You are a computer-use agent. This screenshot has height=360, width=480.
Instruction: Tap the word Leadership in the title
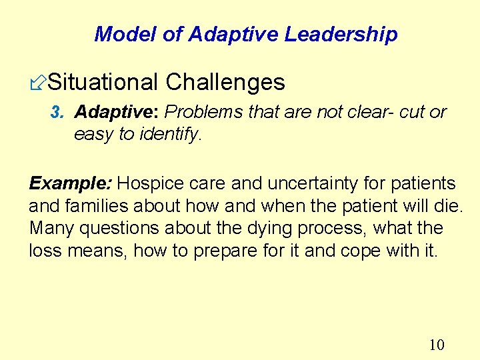[x=341, y=35]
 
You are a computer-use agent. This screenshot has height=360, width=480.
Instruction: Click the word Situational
[x=103, y=83]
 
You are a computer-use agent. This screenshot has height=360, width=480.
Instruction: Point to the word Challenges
[x=225, y=83]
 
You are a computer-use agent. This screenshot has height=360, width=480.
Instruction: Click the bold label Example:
[x=71, y=183]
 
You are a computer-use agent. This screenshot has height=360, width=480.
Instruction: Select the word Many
[x=52, y=228]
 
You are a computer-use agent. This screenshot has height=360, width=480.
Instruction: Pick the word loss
[x=44, y=251]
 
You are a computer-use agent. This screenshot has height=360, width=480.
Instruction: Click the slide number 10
[x=437, y=345]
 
